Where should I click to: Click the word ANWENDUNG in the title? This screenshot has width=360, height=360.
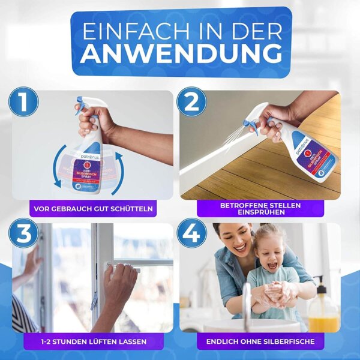coord(181,53)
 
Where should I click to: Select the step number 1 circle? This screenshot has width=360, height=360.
coord(23,102)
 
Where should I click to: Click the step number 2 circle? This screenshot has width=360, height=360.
coord(191,102)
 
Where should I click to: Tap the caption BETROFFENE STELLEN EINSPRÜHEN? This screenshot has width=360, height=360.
coord(260,208)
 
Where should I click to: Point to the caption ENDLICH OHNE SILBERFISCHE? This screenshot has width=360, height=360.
coord(260,341)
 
